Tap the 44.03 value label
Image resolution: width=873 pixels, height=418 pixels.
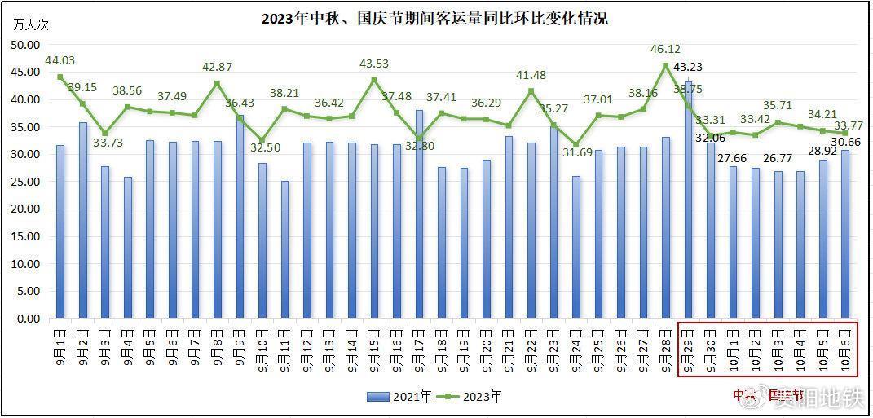[x=60, y=60]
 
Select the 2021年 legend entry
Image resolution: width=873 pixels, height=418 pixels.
[x=399, y=397]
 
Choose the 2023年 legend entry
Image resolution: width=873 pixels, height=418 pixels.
[x=473, y=397]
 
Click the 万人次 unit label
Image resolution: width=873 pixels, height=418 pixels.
[x=31, y=24]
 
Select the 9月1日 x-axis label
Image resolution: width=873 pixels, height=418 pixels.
[x=60, y=348]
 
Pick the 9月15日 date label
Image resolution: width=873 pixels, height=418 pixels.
[x=373, y=348]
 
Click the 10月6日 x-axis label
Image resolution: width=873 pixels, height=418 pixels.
[x=844, y=348]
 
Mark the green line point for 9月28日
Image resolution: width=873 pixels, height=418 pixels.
[x=665, y=66]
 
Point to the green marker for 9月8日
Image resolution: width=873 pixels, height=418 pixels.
[x=217, y=83]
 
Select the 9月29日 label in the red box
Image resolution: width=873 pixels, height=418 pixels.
[x=688, y=348]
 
